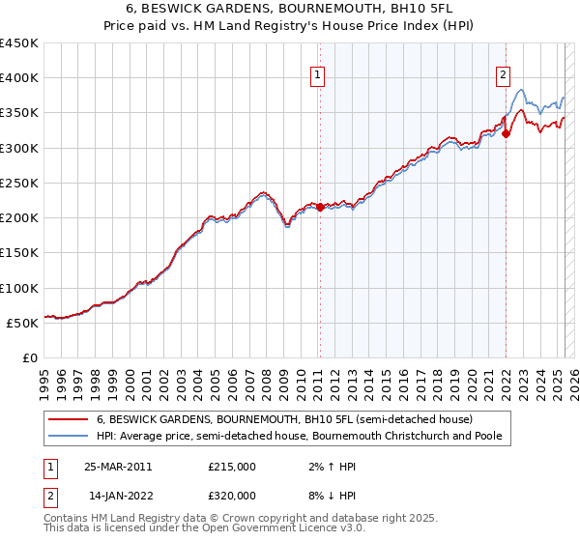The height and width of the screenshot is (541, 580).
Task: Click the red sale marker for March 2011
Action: pyautogui.click(x=320, y=207)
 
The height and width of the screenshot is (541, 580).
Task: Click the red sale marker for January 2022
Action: pyautogui.click(x=506, y=134)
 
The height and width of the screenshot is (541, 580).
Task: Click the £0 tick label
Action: pyautogui.click(x=30, y=358)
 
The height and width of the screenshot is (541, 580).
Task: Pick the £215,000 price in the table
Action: pyautogui.click(x=232, y=467)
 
